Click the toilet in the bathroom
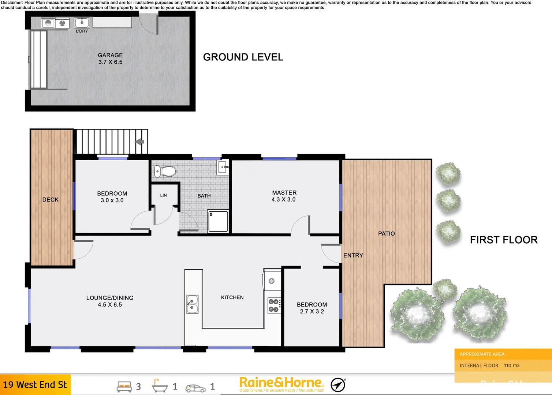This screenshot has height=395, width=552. pos(165,171)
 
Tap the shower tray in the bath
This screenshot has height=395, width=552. pos(218,221)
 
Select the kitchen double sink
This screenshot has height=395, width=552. pos(193,304)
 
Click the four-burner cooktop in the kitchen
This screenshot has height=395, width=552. pos(274,306)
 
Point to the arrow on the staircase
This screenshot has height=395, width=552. pos(140,142)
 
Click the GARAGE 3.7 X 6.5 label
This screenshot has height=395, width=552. pos(110,59)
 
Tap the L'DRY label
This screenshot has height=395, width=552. pos(82,31)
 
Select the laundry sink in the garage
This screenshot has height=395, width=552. pos(82,23)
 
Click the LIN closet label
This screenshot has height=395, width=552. pos(163,195)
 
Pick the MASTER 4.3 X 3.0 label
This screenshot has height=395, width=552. pos(284,196)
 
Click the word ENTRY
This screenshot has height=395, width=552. pos(353,256)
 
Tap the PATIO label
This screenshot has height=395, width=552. pos(387,234)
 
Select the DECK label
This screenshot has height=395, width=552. pos(51,200)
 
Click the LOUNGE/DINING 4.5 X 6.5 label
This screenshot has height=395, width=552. pos(110,301)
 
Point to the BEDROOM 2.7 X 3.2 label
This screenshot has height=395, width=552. pos(312,308)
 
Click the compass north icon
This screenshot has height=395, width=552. pos(338,385)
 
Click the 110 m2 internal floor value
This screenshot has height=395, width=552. pos(511,365)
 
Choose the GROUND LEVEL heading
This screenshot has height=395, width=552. pos(243,57)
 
